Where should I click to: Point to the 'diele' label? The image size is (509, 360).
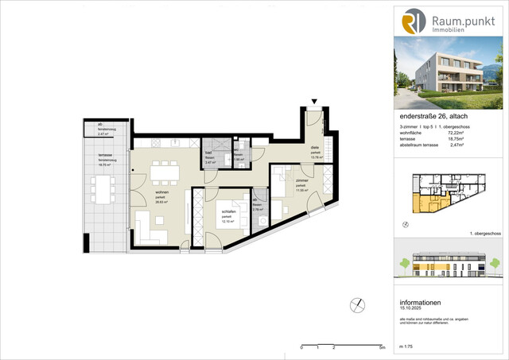[314, 148]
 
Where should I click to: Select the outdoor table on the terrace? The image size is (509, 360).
[103, 189]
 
